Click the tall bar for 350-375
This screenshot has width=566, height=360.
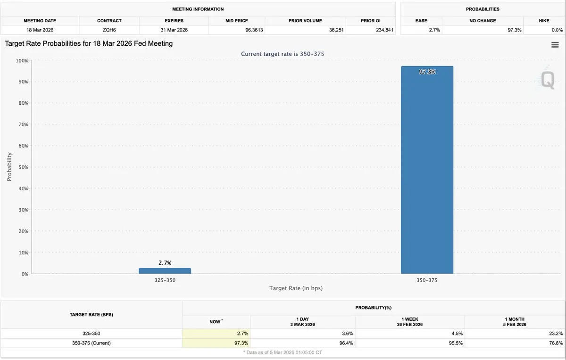pyautogui.click(x=427, y=170)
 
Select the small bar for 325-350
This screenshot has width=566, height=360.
pyautogui.click(x=165, y=271)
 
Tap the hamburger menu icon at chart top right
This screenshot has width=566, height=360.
pyautogui.click(x=555, y=44)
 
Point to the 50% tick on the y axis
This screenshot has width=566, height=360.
pyautogui.click(x=23, y=167)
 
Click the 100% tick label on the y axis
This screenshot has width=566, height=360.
pyautogui.click(x=22, y=60)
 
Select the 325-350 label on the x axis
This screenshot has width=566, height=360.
pyautogui.click(x=165, y=280)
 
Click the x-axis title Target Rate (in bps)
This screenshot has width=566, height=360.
pyautogui.click(x=296, y=288)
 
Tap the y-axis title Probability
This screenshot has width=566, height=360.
pyautogui.click(x=9, y=167)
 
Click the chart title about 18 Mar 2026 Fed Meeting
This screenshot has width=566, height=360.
pyautogui.click(x=89, y=43)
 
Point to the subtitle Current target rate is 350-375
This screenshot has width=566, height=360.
pyautogui.click(x=283, y=54)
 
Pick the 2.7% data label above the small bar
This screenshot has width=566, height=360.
pyautogui.click(x=165, y=262)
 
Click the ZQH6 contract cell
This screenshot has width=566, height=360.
pyautogui.click(x=109, y=30)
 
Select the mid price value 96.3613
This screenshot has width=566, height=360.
pyautogui.click(x=254, y=30)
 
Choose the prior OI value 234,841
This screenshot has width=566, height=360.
pyautogui.click(x=383, y=30)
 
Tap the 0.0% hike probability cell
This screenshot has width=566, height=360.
pyautogui.click(x=557, y=30)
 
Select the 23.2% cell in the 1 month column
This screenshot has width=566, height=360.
pyautogui.click(x=556, y=334)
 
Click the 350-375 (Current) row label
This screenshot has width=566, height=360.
pyautogui.click(x=91, y=343)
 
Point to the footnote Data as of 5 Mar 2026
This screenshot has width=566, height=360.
pyautogui.click(x=283, y=352)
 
